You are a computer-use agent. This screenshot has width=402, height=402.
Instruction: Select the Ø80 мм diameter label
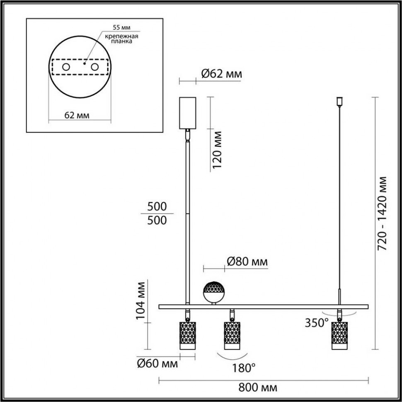point(247,262)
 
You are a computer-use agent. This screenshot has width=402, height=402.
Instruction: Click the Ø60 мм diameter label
point(157,364)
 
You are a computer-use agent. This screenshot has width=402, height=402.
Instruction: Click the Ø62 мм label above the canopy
point(221,74)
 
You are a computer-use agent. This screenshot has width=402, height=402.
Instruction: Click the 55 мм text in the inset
point(121,27)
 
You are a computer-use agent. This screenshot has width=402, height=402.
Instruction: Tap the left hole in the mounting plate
point(66,67)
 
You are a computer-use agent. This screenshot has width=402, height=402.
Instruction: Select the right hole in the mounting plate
point(95,67)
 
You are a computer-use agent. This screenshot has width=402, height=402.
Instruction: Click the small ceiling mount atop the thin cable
point(339,101)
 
